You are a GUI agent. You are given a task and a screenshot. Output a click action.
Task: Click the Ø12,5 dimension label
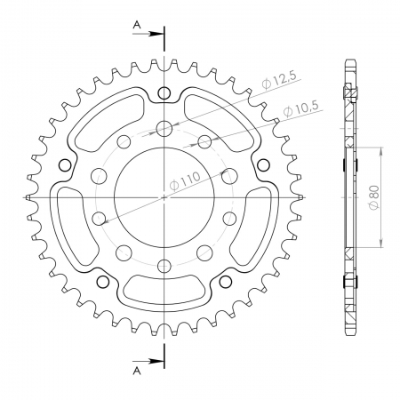279,81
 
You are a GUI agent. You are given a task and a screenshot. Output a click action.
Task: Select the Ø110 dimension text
185,180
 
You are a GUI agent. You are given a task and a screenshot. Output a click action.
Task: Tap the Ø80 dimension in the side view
374,197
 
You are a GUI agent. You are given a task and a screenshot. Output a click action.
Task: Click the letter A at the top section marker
137,25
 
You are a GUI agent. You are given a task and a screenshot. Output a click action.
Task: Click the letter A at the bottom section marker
137,371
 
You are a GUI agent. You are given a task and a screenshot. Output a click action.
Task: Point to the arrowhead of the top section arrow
156,34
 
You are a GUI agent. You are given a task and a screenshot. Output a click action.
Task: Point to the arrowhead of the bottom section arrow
156,361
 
